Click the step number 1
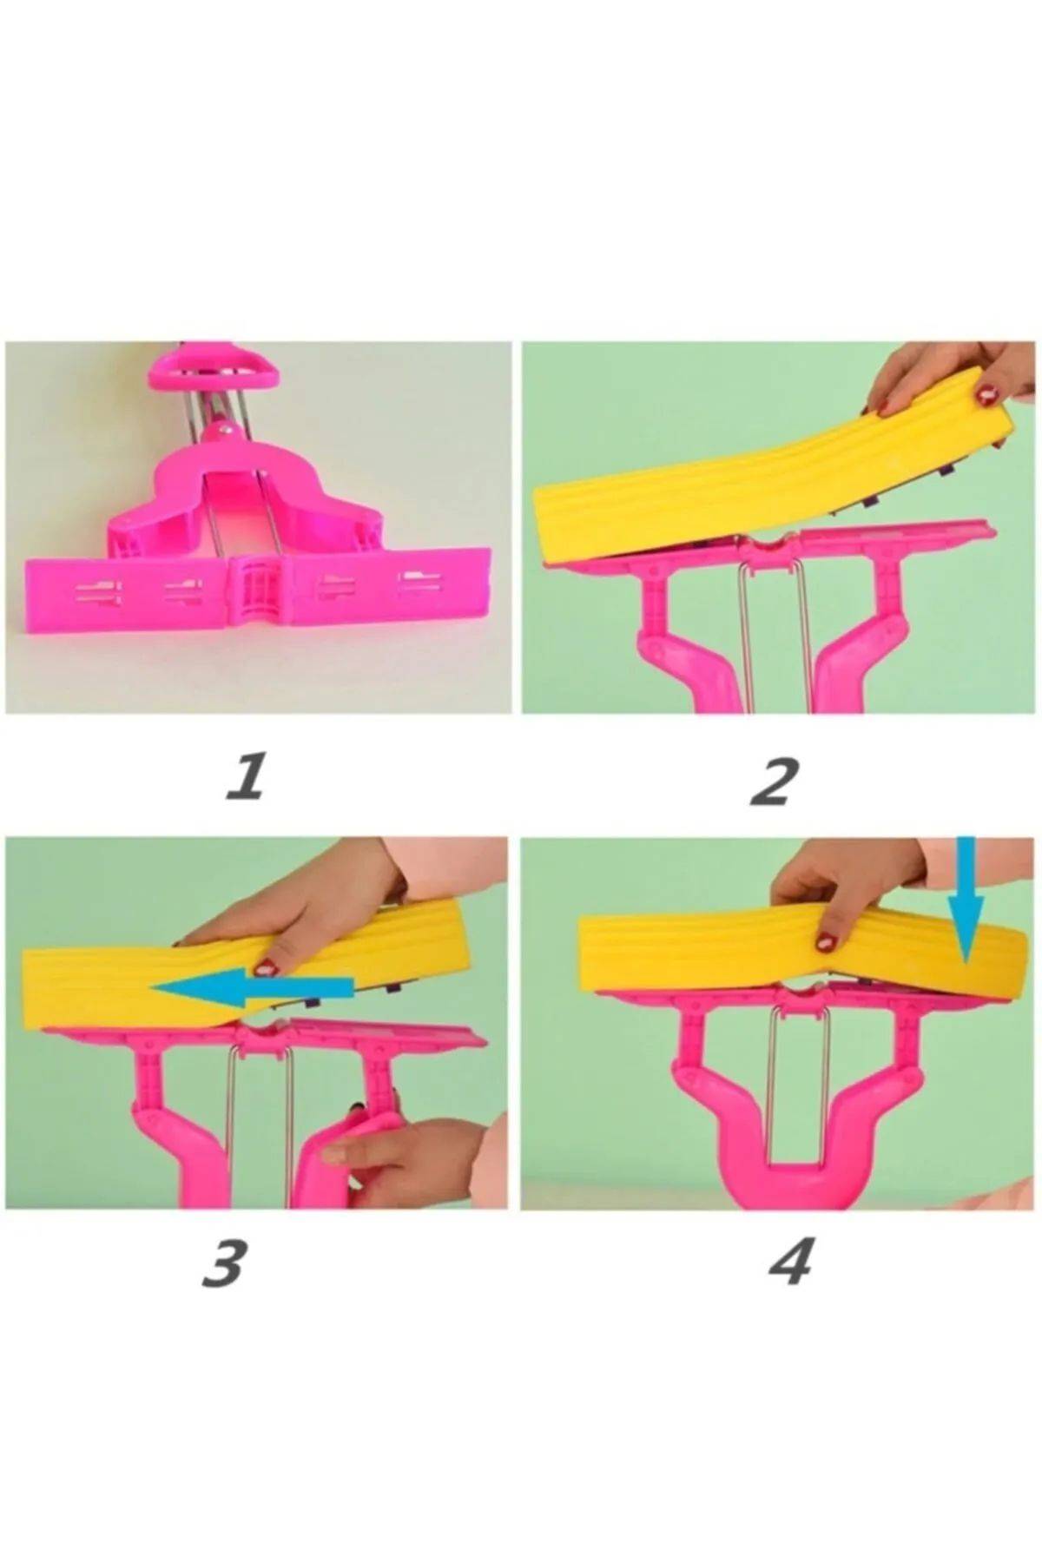click(x=244, y=778)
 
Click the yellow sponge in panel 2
click(x=773, y=478)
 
